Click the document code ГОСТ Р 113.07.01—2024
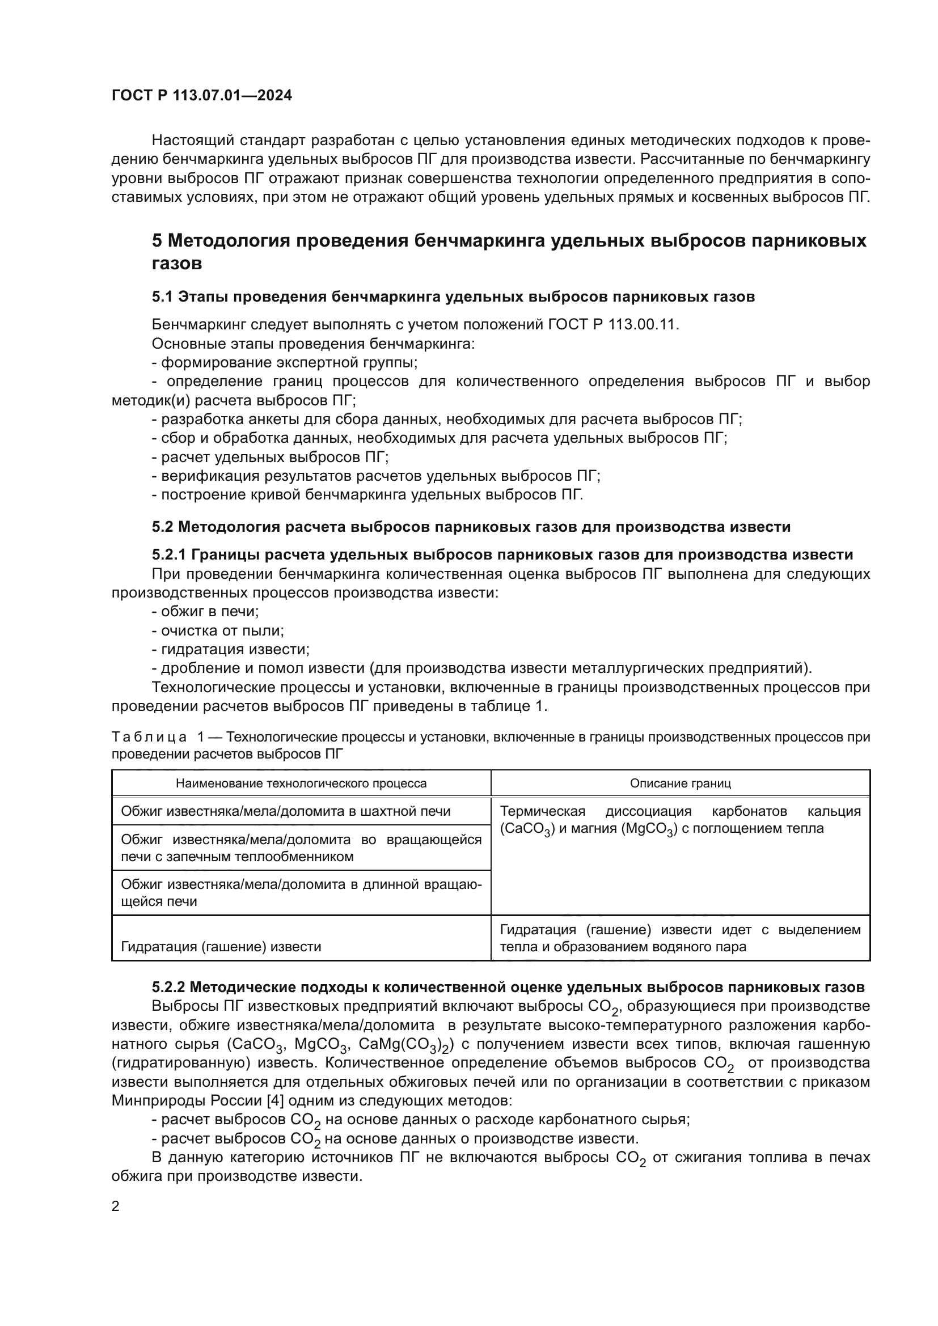(x=201, y=96)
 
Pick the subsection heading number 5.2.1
(x=168, y=555)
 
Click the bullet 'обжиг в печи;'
(x=206, y=612)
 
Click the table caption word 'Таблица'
(x=149, y=738)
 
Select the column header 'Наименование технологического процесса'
(x=301, y=783)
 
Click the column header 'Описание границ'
(x=680, y=783)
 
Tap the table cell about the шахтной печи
(x=285, y=811)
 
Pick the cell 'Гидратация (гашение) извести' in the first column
(x=221, y=947)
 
